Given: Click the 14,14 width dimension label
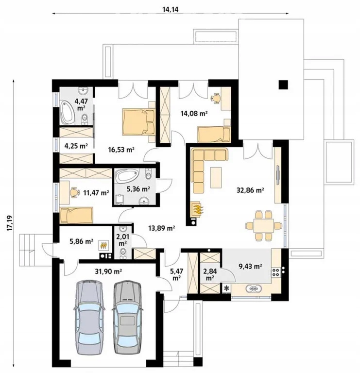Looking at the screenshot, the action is pyautogui.click(x=170, y=9).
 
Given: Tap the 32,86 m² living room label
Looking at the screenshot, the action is pyautogui.click(x=250, y=190).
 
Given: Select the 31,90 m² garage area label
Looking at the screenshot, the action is pyautogui.click(x=108, y=271).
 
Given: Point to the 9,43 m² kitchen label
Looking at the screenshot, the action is pyautogui.click(x=250, y=266).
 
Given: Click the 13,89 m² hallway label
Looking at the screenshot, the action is pyautogui.click(x=162, y=228).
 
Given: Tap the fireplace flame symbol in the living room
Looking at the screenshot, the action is pyautogui.click(x=197, y=209).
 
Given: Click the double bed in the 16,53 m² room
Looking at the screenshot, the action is pyautogui.click(x=139, y=121).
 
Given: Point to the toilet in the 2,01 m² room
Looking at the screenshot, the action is pyautogui.click(x=123, y=253).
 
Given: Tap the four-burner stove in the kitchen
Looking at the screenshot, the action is pyautogui.click(x=276, y=272).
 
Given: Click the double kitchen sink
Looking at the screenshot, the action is pyautogui.click(x=254, y=288).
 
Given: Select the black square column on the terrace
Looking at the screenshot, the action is pyautogui.click(x=283, y=85).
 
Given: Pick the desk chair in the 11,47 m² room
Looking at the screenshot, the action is pyautogui.click(x=75, y=192).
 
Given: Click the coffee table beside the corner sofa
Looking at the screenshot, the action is pyautogui.click(x=216, y=177).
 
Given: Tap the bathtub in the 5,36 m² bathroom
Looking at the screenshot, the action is pyautogui.click(x=126, y=176).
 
